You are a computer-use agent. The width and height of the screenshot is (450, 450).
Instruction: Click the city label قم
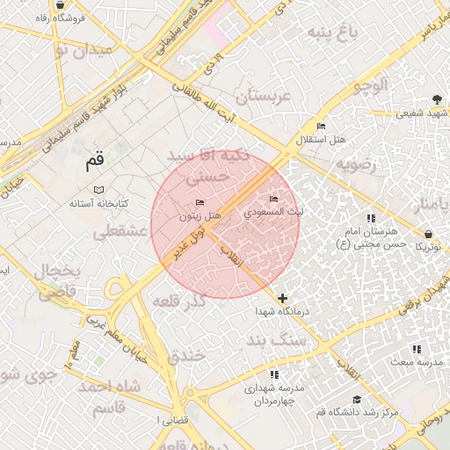click(x=94, y=162)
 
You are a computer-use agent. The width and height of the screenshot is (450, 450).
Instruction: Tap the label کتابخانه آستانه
click(x=98, y=203)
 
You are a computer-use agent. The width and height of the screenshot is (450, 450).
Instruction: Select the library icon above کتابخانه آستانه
click(x=98, y=190)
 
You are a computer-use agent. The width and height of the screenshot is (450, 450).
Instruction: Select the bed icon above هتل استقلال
click(x=320, y=127)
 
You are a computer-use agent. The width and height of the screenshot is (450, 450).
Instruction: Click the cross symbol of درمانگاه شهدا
click(x=282, y=299)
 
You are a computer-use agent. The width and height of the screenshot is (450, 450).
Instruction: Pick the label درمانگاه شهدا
click(x=280, y=312)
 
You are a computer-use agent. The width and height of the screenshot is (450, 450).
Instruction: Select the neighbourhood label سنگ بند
click(x=277, y=338)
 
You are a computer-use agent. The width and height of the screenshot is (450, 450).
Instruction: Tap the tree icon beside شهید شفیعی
click(x=437, y=99)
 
